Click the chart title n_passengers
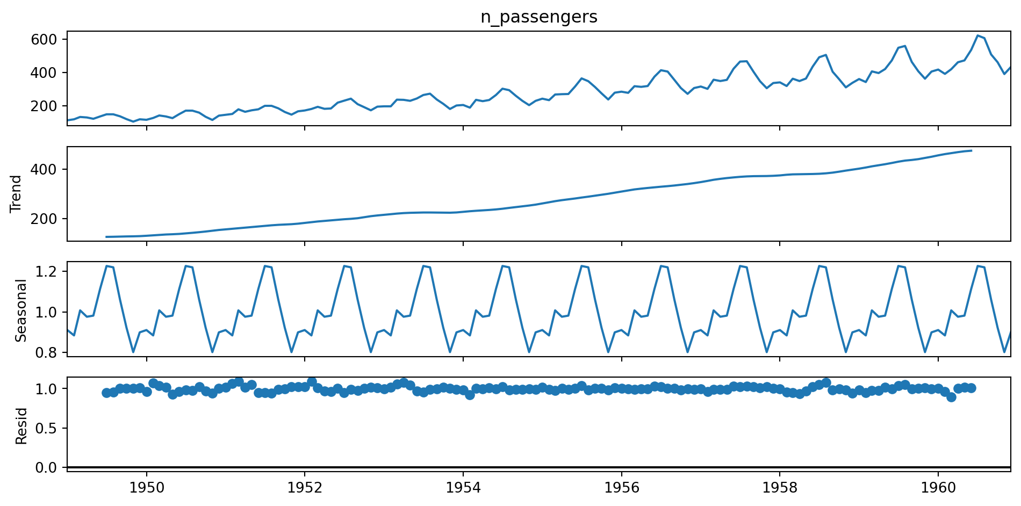pyautogui.click(x=538, y=17)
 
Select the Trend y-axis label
pyautogui.click(x=16, y=194)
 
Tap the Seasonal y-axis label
pyautogui.click(x=20, y=310)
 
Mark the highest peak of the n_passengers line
pyautogui.click(x=978, y=35)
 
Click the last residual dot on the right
pyautogui.click(x=971, y=388)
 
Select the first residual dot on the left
pyautogui.click(x=106, y=393)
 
